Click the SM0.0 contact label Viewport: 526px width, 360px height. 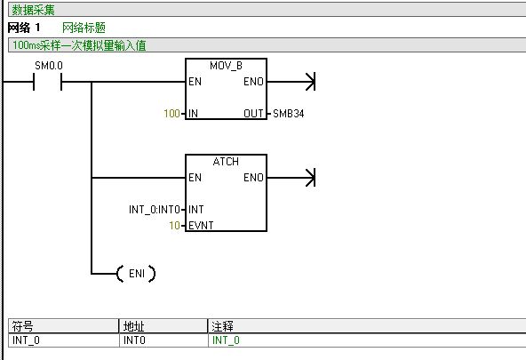point(49,66)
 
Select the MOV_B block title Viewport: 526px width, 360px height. point(226,66)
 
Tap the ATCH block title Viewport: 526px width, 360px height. point(226,162)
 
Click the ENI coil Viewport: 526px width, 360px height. point(136,274)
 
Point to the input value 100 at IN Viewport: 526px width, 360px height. point(171,114)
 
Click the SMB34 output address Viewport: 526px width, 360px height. point(289,114)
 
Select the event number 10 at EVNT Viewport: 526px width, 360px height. point(174,225)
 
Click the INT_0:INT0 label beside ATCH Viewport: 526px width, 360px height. point(155,210)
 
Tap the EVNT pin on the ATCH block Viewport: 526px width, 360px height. point(201,226)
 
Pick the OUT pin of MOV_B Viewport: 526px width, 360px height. point(253,114)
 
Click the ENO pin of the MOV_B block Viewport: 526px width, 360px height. point(253,82)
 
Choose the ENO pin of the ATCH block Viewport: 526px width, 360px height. point(253,178)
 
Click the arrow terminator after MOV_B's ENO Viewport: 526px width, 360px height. point(311,82)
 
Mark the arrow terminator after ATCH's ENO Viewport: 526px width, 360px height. point(311,178)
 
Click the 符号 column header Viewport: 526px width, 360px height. point(22,326)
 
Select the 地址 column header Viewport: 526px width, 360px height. point(133,326)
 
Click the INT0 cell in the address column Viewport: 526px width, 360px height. point(134,340)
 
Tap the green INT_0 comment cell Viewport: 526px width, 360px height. point(226,340)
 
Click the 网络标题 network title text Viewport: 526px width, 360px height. point(84,28)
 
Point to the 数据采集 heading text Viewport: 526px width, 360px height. point(33,10)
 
